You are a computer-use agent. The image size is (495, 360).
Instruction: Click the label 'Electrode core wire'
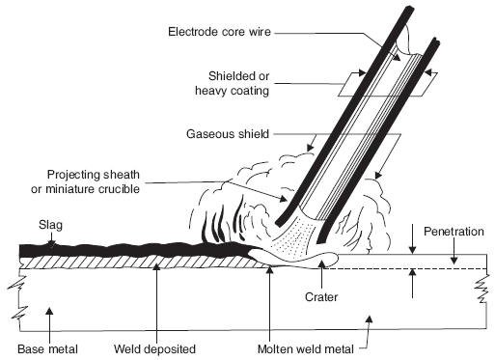(219, 32)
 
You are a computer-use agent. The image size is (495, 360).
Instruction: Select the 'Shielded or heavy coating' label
(233, 83)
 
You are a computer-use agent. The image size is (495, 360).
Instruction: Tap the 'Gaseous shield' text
(228, 134)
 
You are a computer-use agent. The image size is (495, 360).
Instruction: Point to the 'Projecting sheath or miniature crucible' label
(86, 181)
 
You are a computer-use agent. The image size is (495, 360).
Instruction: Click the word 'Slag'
(50, 225)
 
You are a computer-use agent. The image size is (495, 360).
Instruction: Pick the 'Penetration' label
(454, 232)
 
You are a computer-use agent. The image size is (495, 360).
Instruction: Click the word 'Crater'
(321, 296)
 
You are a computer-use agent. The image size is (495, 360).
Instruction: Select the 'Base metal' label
(47, 348)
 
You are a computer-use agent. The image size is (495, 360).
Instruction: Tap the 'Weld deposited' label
(154, 348)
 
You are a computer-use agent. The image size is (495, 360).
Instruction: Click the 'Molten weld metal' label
(306, 348)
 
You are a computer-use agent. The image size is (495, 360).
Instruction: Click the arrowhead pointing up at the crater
(321, 263)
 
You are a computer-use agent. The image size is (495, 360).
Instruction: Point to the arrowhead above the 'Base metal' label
(49, 312)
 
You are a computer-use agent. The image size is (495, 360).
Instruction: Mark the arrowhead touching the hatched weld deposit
(156, 267)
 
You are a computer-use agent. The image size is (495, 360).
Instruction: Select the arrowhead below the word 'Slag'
(51, 244)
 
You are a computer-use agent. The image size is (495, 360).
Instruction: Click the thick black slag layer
(128, 251)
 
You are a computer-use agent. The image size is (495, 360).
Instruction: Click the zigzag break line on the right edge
(481, 290)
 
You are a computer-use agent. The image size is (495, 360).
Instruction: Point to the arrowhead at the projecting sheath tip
(284, 199)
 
